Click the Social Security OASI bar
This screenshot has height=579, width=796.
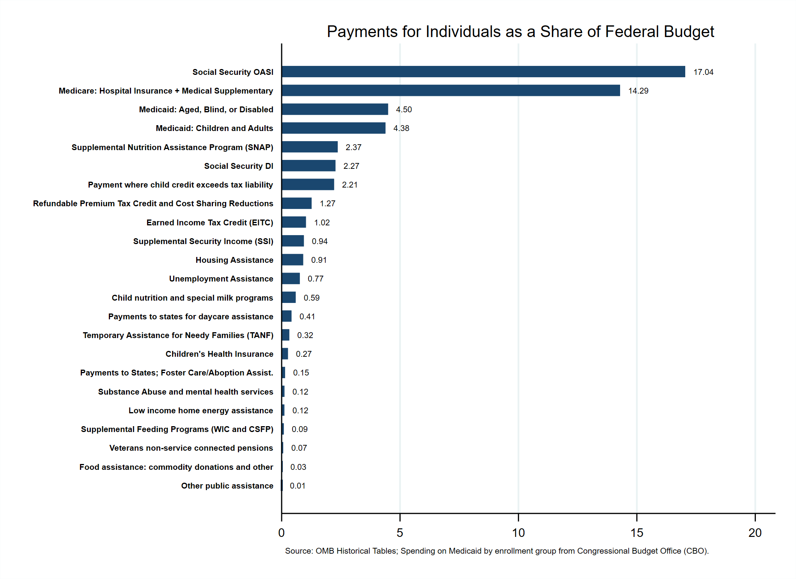[483, 72]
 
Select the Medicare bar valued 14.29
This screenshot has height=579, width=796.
[450, 90]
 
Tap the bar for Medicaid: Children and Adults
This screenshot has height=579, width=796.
[333, 128]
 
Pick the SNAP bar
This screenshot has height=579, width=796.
[310, 147]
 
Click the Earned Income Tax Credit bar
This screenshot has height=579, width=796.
[294, 222]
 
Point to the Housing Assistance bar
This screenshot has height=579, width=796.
[293, 260]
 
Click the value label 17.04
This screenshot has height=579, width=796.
[703, 72]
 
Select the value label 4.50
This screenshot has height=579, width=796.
[404, 110]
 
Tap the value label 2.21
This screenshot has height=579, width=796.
[349, 185]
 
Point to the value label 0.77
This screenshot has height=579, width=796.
[315, 279]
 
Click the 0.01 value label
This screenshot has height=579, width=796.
[298, 486]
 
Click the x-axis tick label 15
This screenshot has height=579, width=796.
[636, 533]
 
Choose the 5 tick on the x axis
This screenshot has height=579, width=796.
[400, 533]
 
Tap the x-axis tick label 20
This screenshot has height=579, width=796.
[755, 533]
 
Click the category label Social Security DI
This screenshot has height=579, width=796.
[239, 166]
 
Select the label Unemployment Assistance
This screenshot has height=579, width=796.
[221, 279]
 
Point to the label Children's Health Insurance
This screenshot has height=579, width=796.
[219, 354]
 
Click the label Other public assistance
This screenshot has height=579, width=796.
[227, 486]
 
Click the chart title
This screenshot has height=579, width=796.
[520, 32]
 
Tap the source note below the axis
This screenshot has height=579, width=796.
[496, 551]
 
